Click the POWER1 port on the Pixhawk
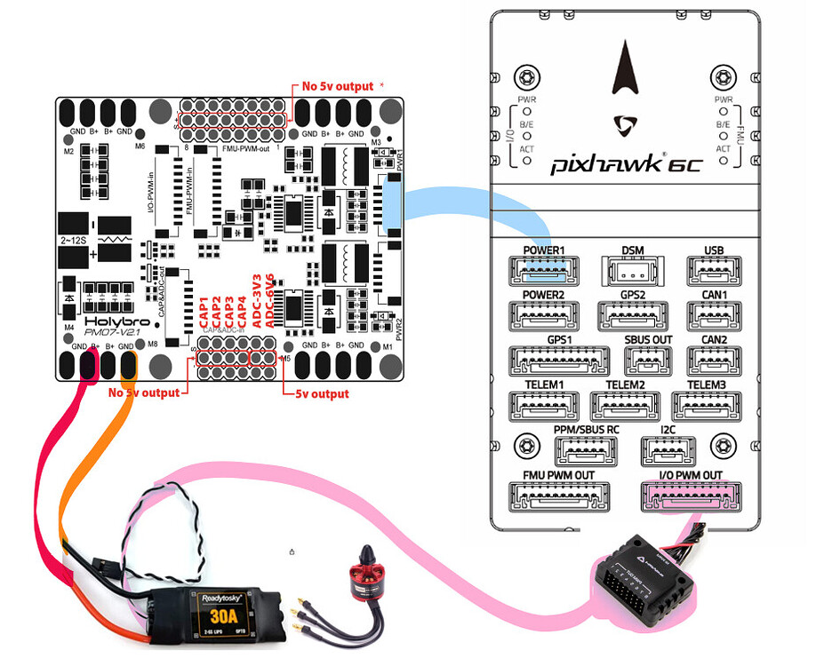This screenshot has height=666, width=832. [x=543, y=269]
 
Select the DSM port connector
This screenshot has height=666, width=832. [x=633, y=269]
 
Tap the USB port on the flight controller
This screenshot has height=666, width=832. [x=714, y=269]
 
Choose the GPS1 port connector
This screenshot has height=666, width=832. [x=557, y=360]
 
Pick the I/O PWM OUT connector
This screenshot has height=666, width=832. [x=689, y=497]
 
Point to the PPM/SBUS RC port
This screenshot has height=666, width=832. [x=586, y=451]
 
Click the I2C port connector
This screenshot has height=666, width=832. [x=668, y=451]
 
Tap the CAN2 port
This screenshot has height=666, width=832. [x=714, y=360]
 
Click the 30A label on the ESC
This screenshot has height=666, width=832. [x=223, y=615]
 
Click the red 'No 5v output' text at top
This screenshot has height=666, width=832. [x=337, y=86]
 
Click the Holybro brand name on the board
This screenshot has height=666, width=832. [x=108, y=322]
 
